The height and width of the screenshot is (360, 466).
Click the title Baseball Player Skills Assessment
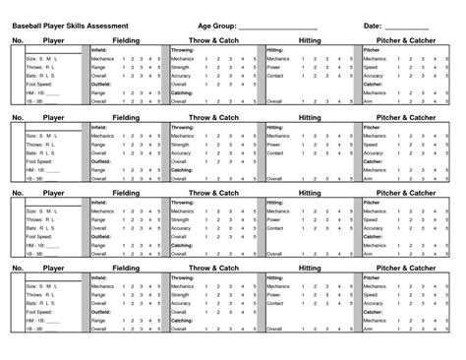coord(79,23)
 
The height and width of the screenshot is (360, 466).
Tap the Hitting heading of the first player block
coord(310,39)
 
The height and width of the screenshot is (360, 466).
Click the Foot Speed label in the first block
coord(40,84)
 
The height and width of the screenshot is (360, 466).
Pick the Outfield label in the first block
coord(101,84)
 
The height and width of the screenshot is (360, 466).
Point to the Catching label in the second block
coord(183,170)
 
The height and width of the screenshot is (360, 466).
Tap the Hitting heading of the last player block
coord(310,268)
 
